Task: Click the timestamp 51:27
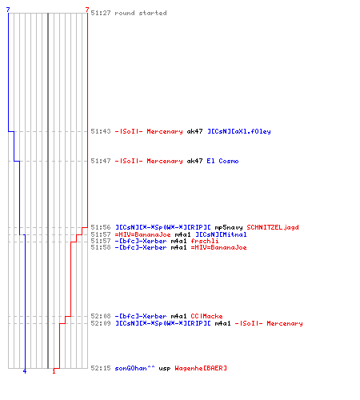[101, 13]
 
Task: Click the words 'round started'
[141, 13]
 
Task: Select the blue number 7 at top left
[8, 10]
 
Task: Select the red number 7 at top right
[87, 10]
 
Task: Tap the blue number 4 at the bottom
[25, 371]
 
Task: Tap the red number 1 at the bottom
[54, 371]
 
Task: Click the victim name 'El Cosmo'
[222, 161]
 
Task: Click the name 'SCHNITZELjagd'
[273, 227]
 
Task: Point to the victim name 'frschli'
[205, 241]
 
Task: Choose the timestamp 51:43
[101, 131]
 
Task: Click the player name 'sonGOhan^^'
[134, 368]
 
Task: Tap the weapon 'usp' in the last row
[165, 369]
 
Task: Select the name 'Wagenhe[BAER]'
[201, 368]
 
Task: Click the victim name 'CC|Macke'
[206, 316]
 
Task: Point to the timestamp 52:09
[101, 323]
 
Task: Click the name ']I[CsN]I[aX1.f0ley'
[239, 131]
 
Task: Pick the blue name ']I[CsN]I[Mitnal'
[221, 234]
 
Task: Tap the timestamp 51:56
[101, 227]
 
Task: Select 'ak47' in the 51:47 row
[194, 161]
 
